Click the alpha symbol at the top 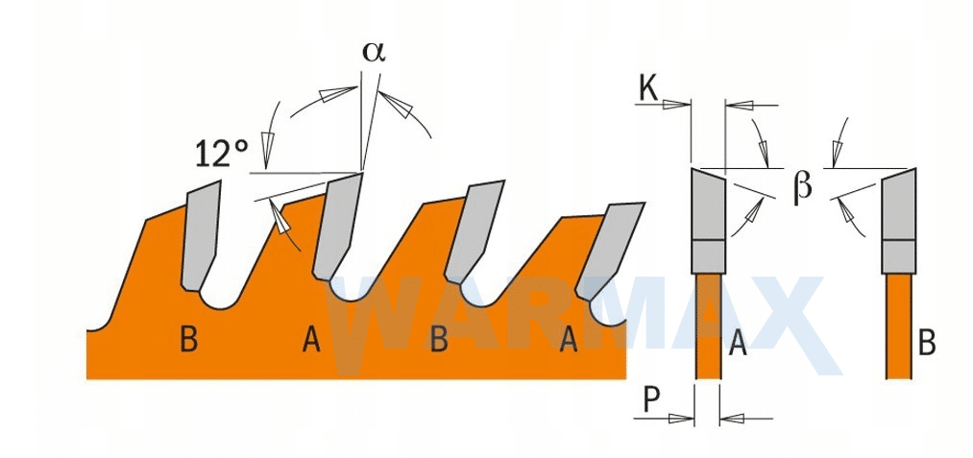pyautogui.click(x=374, y=53)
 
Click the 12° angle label pyautogui.click(x=222, y=154)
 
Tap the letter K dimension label pyautogui.click(x=648, y=90)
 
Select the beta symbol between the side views pyautogui.click(x=802, y=187)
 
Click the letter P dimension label pyautogui.click(x=651, y=399)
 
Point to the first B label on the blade pyautogui.click(x=189, y=341)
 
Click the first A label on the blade pyautogui.click(x=311, y=341)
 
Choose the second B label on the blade pyautogui.click(x=439, y=341)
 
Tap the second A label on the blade pyautogui.click(x=569, y=341)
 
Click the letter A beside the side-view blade pyautogui.click(x=738, y=343)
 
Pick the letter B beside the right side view pyautogui.click(x=927, y=343)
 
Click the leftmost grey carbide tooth pyautogui.click(x=201, y=236)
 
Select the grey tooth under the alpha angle pyautogui.click(x=336, y=227)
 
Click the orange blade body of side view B pyautogui.click(x=899, y=325)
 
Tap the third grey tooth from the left pyautogui.click(x=473, y=230)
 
